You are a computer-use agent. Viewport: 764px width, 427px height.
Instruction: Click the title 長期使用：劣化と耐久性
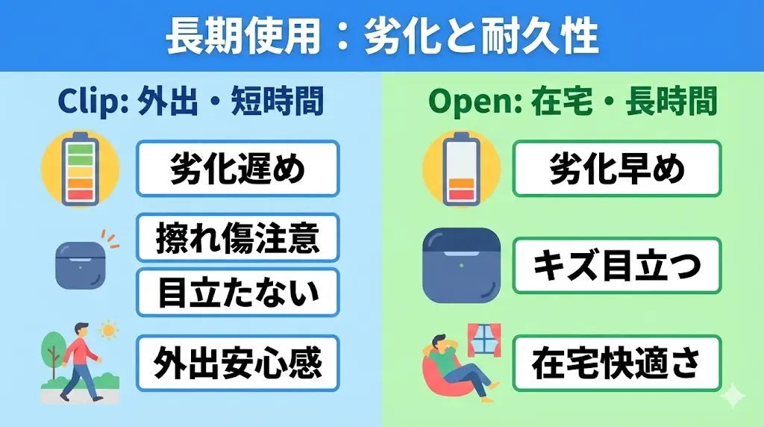pos(381,35)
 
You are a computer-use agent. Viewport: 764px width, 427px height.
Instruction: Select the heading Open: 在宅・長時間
pos(572,102)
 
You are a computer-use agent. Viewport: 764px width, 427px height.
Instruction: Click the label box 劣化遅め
pos(237,169)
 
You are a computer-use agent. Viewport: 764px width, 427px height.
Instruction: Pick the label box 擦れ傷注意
pos(237,238)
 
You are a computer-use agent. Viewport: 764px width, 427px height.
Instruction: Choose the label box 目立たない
pos(237,292)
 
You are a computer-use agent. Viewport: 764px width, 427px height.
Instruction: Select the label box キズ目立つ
pos(616,266)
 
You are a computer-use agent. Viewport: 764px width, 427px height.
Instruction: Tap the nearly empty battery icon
pos(460,169)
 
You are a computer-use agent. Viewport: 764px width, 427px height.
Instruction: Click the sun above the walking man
pos(110,329)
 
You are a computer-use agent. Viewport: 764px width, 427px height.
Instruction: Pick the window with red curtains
pos(483,340)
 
